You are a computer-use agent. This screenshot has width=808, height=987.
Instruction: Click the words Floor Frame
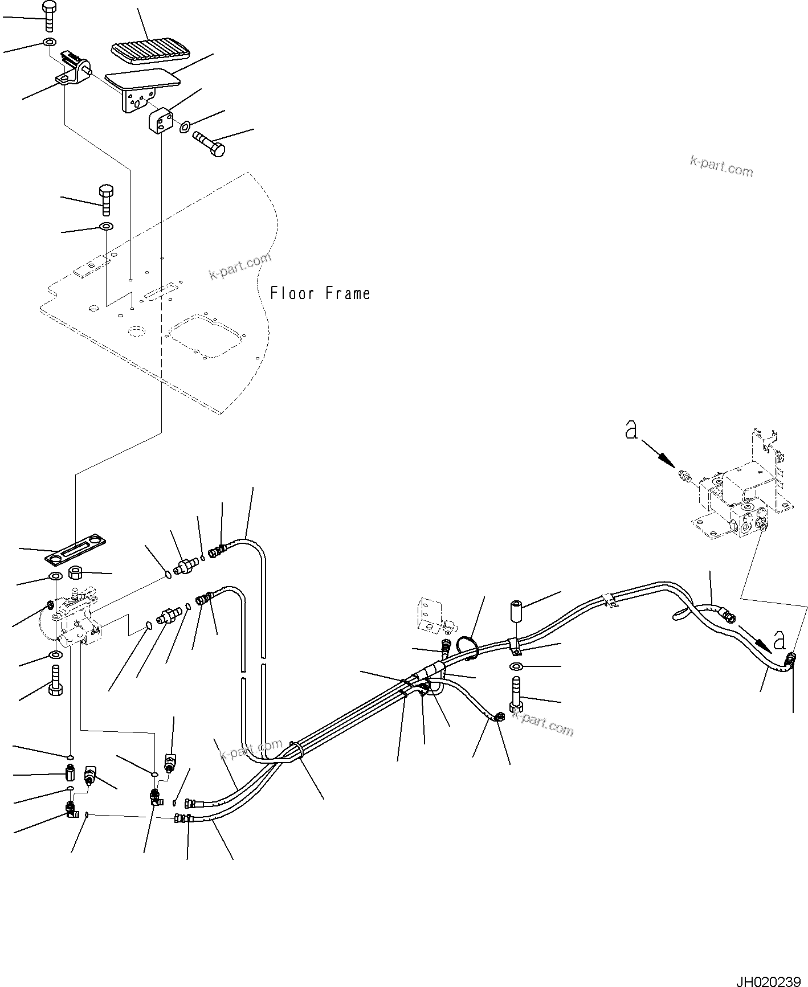pos(320,294)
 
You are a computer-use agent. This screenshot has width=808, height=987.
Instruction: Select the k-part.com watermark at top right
pos(721,167)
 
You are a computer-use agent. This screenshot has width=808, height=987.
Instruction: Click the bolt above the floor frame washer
pos(106,199)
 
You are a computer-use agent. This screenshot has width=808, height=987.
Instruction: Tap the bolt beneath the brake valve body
pos(55,681)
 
